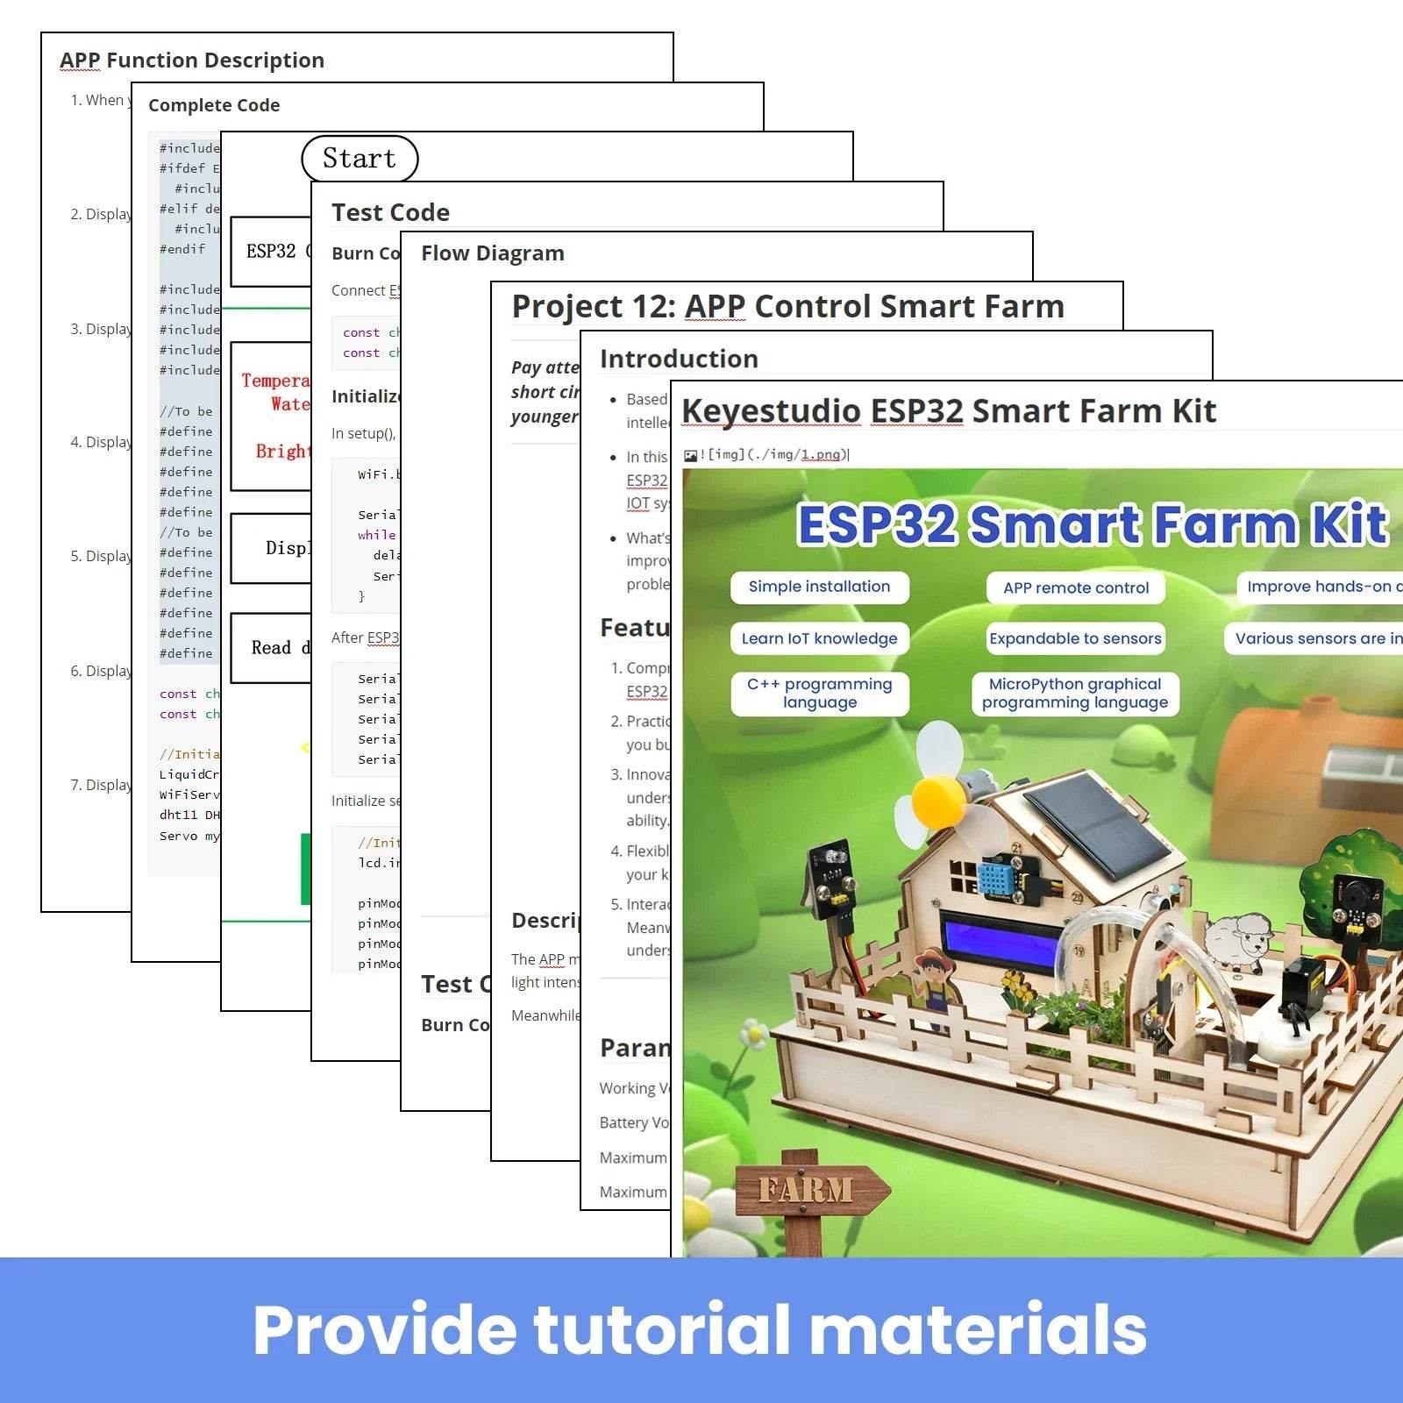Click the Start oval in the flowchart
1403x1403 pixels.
[x=360, y=159]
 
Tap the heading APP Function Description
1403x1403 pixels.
[x=192, y=61]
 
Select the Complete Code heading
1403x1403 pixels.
[x=214, y=105]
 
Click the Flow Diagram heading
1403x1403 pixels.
[x=493, y=253]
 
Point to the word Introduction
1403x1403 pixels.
[x=679, y=359]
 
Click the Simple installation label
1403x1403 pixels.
[x=819, y=587]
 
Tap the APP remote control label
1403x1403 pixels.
[x=1076, y=588]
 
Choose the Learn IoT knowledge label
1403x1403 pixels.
[x=819, y=638]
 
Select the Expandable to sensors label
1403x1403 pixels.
[x=1075, y=638]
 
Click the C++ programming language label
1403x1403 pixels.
[x=819, y=693]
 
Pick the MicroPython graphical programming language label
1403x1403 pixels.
[x=1075, y=693]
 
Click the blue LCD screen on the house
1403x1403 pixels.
[x=1000, y=938]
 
